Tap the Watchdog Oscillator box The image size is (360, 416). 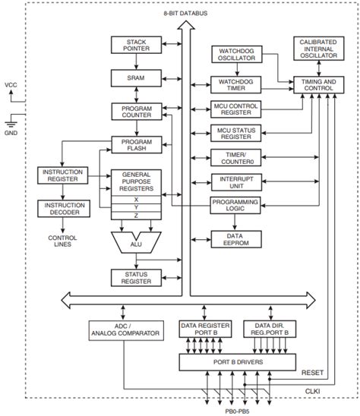click(x=236, y=55)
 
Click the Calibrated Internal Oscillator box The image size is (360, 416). click(x=317, y=48)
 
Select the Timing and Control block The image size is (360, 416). click(x=317, y=84)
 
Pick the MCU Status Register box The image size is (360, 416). click(x=236, y=134)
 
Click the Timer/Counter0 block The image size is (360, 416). click(x=236, y=158)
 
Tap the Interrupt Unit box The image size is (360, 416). click(x=236, y=182)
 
